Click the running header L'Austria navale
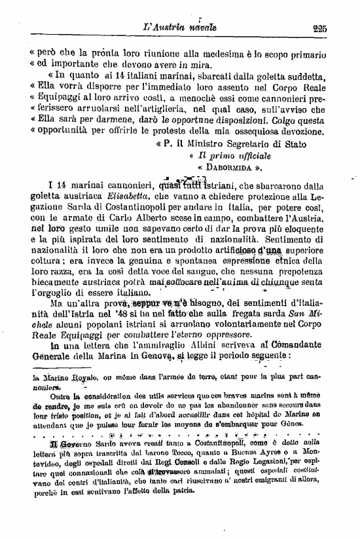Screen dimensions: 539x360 pyautogui.click(x=180, y=28)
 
